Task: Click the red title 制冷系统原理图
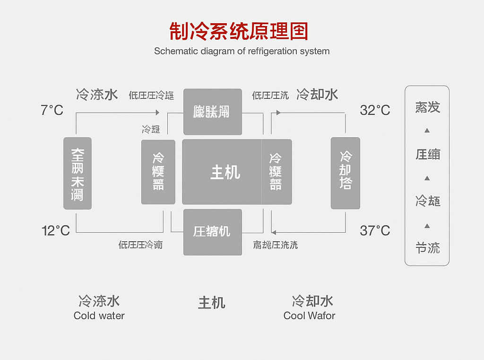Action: coord(239,31)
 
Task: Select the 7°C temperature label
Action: coord(52,111)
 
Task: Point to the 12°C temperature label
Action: coord(56,231)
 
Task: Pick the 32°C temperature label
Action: coord(375,111)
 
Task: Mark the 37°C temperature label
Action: coord(375,231)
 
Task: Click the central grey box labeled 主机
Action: coord(222,172)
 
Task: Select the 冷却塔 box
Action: coord(346,173)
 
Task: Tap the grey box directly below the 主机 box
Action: coord(212,232)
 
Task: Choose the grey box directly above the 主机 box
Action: coord(212,112)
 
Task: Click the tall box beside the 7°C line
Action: coord(78,173)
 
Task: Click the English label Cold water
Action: coord(99,316)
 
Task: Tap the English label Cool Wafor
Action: coord(309,316)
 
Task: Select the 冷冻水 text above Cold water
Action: coord(99,301)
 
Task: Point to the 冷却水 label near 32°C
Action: coord(317,95)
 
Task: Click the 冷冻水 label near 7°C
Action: coord(97,95)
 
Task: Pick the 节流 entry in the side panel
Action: coord(427,248)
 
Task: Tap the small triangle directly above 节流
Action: coord(427,226)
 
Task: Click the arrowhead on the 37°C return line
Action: coord(274,232)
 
